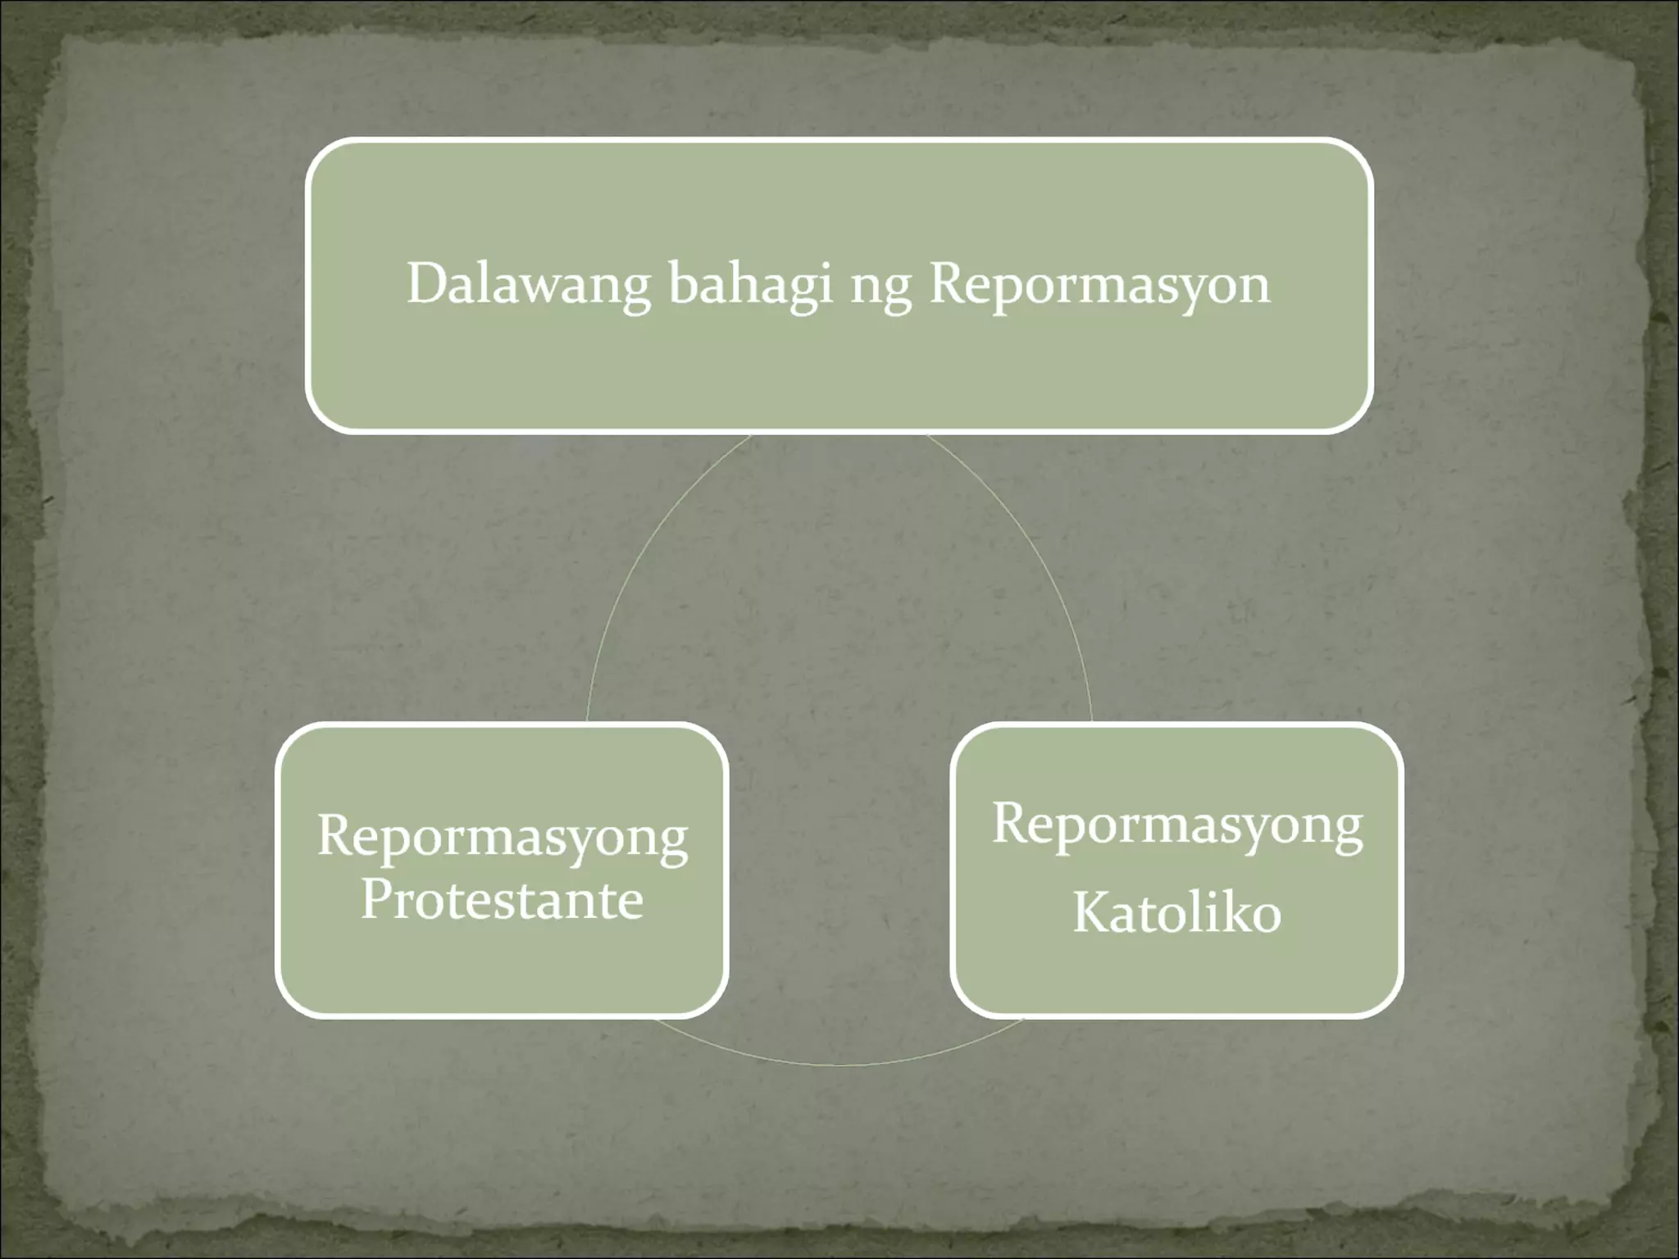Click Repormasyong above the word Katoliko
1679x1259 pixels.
[1176, 825]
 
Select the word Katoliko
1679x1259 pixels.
[1176, 913]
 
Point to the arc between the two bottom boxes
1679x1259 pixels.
[839, 1064]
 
